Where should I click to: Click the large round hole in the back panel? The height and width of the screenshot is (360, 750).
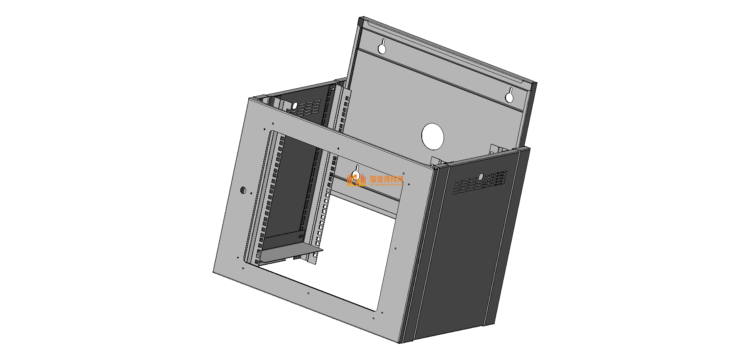coord(433,136)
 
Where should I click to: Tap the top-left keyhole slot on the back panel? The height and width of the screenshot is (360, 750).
coord(382,47)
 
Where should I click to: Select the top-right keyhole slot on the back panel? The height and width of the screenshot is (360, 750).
coord(510,96)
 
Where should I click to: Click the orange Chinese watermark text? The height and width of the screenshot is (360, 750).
coord(386,179)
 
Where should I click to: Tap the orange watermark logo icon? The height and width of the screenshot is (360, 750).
coord(356,181)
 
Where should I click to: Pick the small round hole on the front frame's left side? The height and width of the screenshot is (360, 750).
coord(243,190)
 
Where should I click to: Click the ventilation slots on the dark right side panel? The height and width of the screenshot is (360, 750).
coord(480,182)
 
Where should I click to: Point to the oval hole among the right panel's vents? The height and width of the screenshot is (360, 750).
coord(480,177)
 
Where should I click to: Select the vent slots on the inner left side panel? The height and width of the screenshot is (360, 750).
coord(308,108)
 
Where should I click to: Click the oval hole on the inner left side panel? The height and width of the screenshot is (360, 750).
coord(294,105)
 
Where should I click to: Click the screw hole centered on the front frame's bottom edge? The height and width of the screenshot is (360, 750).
coord(308,293)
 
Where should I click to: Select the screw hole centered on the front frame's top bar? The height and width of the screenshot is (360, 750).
coord(337,149)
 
